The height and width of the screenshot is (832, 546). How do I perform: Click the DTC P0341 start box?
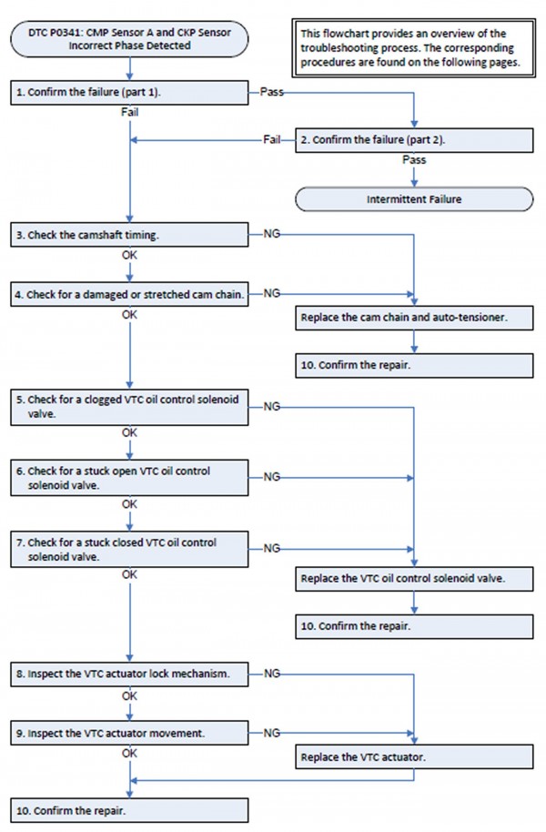coord(129,39)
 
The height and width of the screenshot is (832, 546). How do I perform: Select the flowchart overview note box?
coord(413,47)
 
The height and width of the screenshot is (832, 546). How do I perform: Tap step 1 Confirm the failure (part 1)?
coord(129,92)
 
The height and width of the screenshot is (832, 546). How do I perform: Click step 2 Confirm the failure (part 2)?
coord(414,140)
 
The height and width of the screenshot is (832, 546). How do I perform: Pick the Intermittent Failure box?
coord(414,199)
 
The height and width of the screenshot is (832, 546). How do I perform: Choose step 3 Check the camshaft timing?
coord(129,235)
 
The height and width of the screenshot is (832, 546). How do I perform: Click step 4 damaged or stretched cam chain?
coord(129,294)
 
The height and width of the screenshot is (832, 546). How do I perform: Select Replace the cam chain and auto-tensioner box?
coord(414,318)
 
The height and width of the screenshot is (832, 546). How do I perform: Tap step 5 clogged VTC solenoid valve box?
coord(129,407)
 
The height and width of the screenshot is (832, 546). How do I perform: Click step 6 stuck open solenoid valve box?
coord(129,478)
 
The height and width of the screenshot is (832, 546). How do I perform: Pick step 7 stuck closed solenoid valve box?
coord(129,549)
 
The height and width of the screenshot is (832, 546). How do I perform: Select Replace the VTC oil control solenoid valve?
coord(414,578)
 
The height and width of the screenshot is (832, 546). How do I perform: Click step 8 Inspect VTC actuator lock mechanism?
coord(129,674)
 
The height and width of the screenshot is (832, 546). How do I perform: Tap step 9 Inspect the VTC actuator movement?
coord(129,733)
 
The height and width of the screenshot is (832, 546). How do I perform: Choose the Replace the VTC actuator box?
coord(414,756)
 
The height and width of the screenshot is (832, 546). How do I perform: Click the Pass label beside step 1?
coord(272,92)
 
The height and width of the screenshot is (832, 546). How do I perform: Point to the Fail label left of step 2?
coord(272,139)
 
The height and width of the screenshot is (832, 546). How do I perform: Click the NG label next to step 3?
coord(272,234)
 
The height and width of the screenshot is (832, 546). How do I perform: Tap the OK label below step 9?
coord(129,754)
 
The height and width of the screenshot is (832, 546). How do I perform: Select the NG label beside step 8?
coord(272,674)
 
